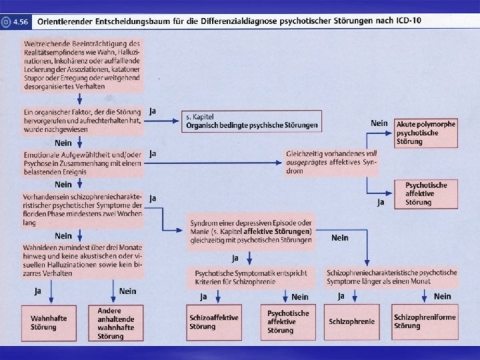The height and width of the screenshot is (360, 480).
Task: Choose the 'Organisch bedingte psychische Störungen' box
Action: click(251, 121)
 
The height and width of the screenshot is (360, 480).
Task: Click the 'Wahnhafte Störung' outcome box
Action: click(49, 322)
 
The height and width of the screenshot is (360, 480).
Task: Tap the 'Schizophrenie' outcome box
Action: click(351, 322)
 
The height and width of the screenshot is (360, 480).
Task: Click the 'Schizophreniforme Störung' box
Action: click(425, 322)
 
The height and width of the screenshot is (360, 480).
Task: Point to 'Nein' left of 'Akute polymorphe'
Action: click(379, 124)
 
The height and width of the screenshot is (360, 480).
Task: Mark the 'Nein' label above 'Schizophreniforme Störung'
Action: click(442, 296)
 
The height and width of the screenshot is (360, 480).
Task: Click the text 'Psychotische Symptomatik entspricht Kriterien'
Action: click(251, 278)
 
